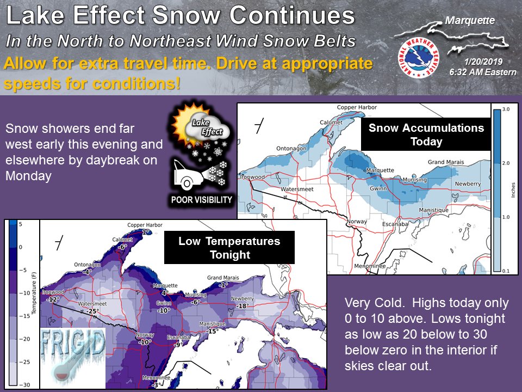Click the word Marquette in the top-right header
[470, 21]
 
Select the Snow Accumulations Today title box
[426, 134]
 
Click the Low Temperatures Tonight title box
[229, 248]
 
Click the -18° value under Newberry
[243, 306]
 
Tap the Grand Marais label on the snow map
[446, 162]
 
